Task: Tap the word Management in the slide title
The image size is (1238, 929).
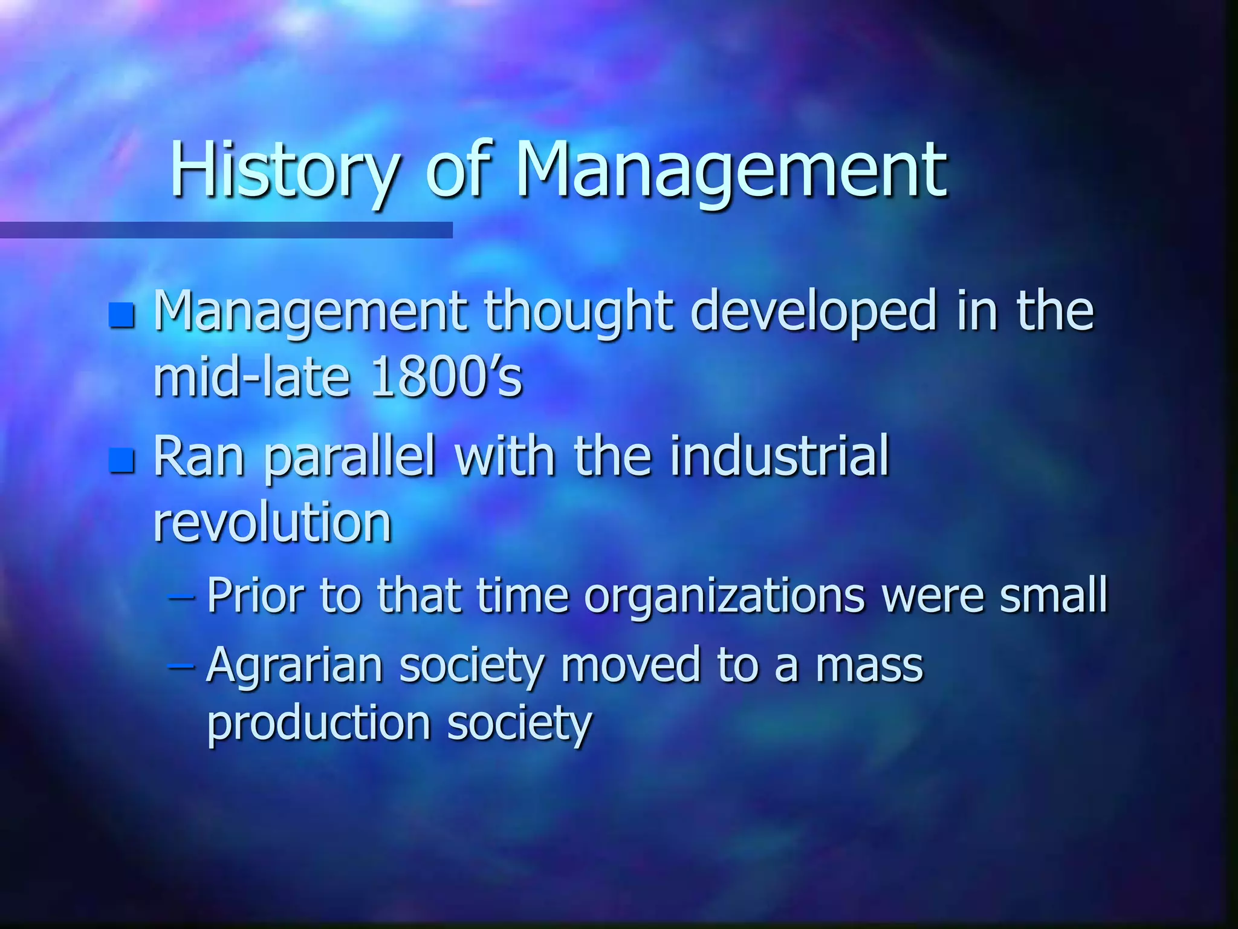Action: pyautogui.click(x=730, y=171)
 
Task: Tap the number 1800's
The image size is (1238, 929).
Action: pyautogui.click(x=446, y=376)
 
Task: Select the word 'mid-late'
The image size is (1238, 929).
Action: pyautogui.click(x=251, y=376)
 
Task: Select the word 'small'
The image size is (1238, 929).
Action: pyautogui.click(x=1053, y=595)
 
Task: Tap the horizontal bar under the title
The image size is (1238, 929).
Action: pyautogui.click(x=226, y=230)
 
